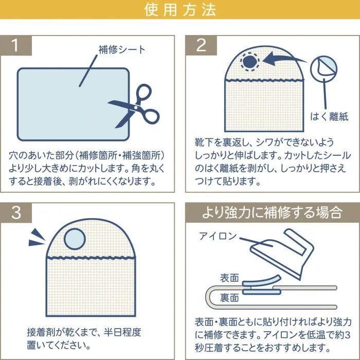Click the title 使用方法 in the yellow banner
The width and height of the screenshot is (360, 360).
(x=180, y=10)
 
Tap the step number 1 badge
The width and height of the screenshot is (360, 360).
(x=15, y=45)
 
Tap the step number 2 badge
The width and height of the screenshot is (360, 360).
(x=202, y=45)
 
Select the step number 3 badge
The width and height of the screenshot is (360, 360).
(x=15, y=212)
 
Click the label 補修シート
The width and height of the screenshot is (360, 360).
(x=122, y=49)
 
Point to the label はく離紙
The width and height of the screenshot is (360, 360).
(x=329, y=116)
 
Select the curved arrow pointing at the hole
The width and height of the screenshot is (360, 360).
(x=284, y=59)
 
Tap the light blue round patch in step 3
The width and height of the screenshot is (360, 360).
(x=75, y=239)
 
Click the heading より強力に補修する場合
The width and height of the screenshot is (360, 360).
(x=273, y=212)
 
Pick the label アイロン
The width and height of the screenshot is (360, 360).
(x=218, y=236)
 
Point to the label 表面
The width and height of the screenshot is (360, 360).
(x=229, y=278)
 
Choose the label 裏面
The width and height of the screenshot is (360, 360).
(x=229, y=298)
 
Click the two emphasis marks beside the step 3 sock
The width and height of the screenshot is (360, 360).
(x=37, y=238)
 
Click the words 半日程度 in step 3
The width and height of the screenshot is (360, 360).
(x=122, y=332)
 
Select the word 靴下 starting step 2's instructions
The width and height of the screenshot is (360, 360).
(x=204, y=142)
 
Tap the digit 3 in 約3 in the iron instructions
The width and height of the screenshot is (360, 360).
(x=347, y=335)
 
